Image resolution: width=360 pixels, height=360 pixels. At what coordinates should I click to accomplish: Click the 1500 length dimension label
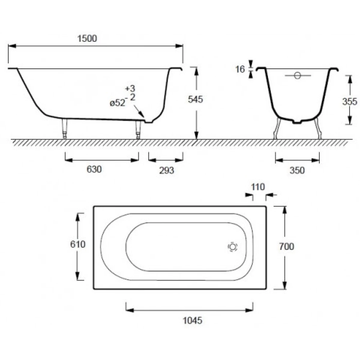click(87, 39)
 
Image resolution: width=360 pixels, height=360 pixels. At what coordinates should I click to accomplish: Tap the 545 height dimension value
click(195, 99)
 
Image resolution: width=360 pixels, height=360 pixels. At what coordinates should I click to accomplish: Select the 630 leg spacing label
click(94, 169)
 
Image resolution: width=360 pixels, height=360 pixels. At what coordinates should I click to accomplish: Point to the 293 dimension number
click(166, 170)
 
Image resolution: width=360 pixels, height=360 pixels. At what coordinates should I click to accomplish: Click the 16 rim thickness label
click(240, 69)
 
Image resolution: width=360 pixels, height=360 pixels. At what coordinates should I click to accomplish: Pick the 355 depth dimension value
click(350, 102)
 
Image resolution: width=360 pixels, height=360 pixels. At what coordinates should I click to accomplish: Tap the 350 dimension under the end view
click(297, 170)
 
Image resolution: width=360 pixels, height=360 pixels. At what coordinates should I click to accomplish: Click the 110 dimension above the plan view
click(258, 187)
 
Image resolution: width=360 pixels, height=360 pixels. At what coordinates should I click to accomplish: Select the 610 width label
click(78, 244)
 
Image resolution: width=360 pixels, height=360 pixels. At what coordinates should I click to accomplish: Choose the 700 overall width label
click(286, 247)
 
